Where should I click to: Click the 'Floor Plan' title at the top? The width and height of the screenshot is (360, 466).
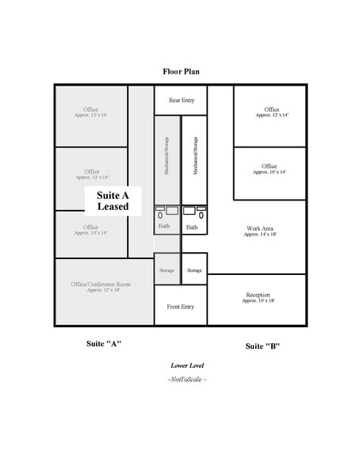coord(181,71)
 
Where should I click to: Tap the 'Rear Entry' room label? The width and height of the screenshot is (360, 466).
coord(180,100)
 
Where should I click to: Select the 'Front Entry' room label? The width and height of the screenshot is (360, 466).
coord(180,307)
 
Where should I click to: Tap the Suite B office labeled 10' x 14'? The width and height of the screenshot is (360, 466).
coord(270,170)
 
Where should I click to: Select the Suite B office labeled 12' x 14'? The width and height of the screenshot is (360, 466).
coord(270,112)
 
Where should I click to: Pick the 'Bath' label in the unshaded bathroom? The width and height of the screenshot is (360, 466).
coord(192,227)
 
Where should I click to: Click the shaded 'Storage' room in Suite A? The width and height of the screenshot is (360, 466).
coord(167,270)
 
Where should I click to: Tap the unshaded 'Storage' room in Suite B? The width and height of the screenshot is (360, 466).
coord(194,270)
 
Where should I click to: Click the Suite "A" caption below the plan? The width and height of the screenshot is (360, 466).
coord(103,344)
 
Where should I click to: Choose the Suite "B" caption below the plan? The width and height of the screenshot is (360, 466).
coord(262,346)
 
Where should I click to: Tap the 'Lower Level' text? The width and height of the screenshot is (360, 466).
coord(187,365)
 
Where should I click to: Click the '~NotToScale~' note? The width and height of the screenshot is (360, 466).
coord(187,379)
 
